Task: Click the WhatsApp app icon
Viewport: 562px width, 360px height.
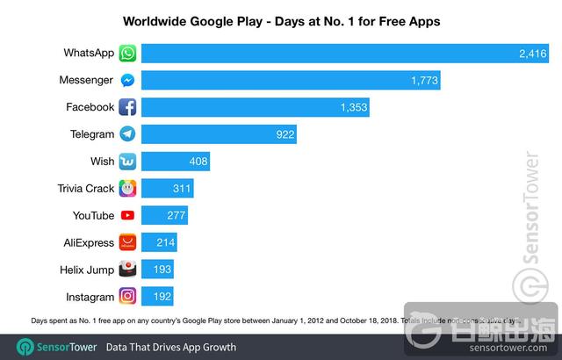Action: [128, 54]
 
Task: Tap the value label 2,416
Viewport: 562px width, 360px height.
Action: [533, 54]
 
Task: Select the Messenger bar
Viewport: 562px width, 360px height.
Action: [290, 81]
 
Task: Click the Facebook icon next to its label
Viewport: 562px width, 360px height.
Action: [128, 108]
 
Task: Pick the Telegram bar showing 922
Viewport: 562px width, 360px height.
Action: [219, 134]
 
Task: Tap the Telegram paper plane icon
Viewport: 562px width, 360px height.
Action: [128, 134]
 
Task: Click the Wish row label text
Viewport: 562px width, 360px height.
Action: [102, 162]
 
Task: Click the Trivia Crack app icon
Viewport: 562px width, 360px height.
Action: [128, 189]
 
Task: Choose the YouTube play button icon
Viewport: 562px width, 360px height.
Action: [128, 215]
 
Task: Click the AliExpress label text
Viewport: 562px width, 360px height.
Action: [89, 242]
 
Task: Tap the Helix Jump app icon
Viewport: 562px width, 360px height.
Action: [128, 269]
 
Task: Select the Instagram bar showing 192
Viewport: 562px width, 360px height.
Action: [157, 296]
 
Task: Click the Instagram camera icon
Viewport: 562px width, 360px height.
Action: [128, 296]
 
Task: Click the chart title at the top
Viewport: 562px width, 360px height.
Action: [280, 18]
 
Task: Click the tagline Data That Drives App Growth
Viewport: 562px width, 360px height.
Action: [171, 347]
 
